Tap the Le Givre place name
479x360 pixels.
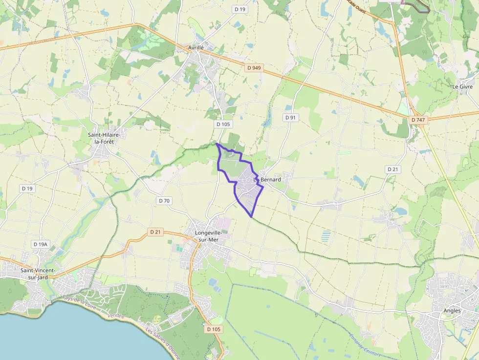pyautogui.click(x=462, y=86)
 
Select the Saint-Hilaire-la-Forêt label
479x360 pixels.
pyautogui.click(x=104, y=138)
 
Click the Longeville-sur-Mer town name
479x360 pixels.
pyautogui.click(x=208, y=236)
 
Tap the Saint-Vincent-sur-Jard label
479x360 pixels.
pyautogui.click(x=37, y=274)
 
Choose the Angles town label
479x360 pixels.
pyautogui.click(x=452, y=311)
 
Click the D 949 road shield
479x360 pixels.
pyautogui.click(x=254, y=68)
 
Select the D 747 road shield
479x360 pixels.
pyautogui.click(x=418, y=120)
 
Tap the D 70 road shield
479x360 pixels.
pyautogui.click(x=164, y=201)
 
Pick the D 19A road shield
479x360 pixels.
pyautogui.click(x=41, y=244)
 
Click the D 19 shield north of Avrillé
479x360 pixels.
pyautogui.click(x=239, y=9)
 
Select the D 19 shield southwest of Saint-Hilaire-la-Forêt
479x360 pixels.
pyautogui.click(x=27, y=188)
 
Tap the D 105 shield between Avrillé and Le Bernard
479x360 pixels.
pyautogui.click(x=222, y=124)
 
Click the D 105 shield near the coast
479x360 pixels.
pyautogui.click(x=214, y=329)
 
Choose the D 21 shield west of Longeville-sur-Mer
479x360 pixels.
pyautogui.click(x=155, y=232)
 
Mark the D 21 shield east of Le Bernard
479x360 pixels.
pyautogui.click(x=393, y=169)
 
